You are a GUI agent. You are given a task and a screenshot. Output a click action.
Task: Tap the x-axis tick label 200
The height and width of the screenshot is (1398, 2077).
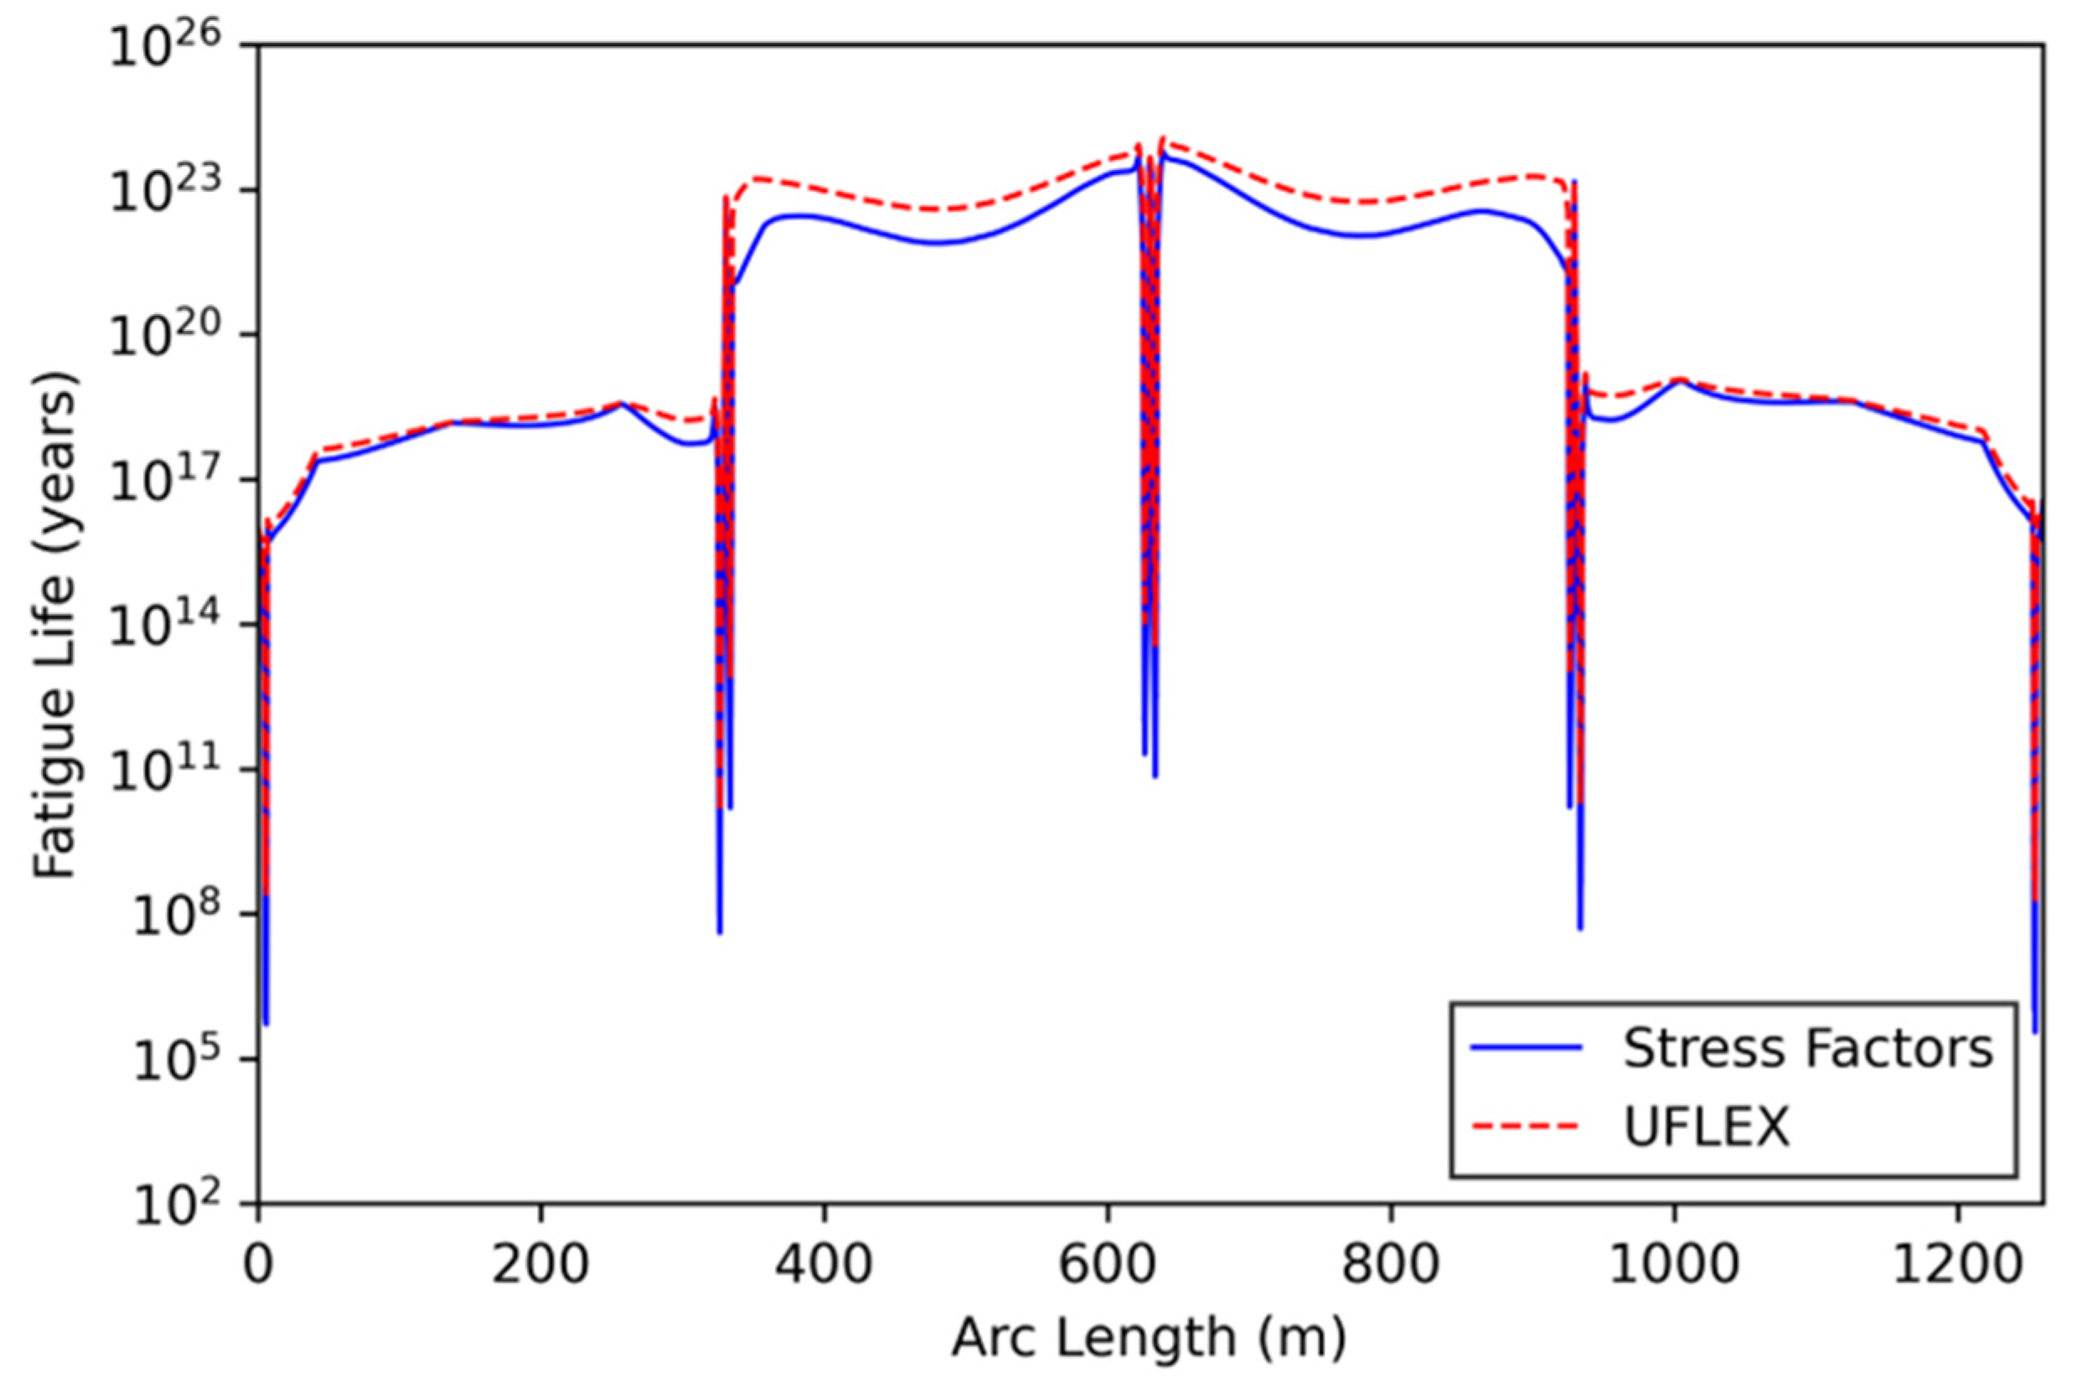[540, 1264]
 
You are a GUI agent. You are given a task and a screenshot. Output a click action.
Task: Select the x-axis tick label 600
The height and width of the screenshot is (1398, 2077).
[1107, 1264]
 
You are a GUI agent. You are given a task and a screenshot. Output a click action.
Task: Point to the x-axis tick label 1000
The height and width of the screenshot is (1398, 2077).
[1673, 1264]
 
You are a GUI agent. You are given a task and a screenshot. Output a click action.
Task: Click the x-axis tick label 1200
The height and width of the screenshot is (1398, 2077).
[1956, 1264]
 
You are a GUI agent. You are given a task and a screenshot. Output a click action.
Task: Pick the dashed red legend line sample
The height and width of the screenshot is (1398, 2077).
[1526, 1127]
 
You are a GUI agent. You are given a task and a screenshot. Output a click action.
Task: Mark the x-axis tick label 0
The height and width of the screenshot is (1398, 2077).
[258, 1264]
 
